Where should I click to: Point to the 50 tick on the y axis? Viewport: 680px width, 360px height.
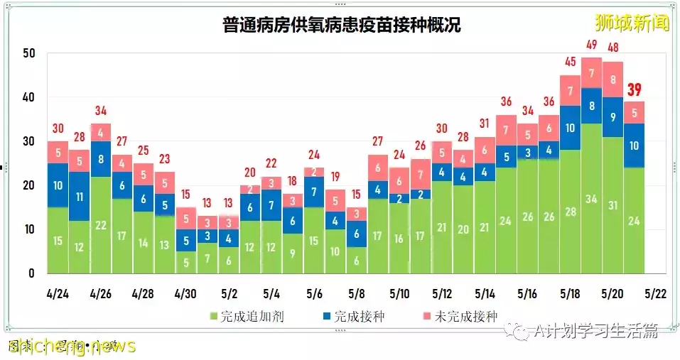(x=28, y=53)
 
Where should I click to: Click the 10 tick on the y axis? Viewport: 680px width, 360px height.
(x=28, y=229)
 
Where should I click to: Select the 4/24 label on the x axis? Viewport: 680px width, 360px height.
(x=58, y=293)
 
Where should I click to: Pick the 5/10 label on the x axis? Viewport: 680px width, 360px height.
(x=399, y=293)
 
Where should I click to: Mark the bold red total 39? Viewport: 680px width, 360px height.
(x=634, y=89)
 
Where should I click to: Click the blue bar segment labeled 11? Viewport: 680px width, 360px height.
(x=80, y=196)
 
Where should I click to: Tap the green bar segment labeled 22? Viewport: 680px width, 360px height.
(x=101, y=225)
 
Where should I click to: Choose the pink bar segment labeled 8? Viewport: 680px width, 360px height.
(x=612, y=80)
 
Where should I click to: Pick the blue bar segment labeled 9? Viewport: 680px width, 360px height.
(x=612, y=116)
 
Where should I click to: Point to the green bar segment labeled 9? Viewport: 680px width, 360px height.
(x=293, y=253)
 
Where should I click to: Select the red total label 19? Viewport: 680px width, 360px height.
(x=335, y=176)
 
